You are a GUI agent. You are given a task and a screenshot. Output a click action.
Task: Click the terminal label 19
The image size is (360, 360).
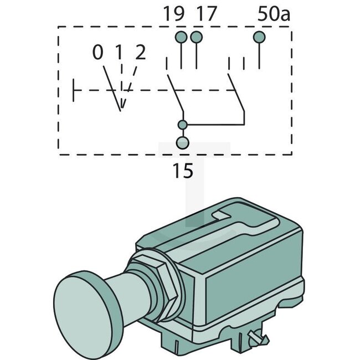[174, 14]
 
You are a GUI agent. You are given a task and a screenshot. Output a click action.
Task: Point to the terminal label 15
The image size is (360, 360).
[182, 171]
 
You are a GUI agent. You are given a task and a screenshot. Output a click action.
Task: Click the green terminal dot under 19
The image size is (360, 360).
[181, 37]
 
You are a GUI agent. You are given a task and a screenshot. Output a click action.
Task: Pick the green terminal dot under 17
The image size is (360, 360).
[196, 37]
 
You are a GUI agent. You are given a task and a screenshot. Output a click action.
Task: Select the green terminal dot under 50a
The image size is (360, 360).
[259, 37]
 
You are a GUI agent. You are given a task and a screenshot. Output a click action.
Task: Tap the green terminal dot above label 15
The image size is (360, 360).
[182, 143]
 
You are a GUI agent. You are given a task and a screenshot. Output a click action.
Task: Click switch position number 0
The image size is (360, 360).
[97, 53]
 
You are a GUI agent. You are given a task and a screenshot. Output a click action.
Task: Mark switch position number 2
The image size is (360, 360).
[140, 53]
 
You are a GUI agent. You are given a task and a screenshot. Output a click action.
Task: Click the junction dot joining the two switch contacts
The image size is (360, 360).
[182, 124]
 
